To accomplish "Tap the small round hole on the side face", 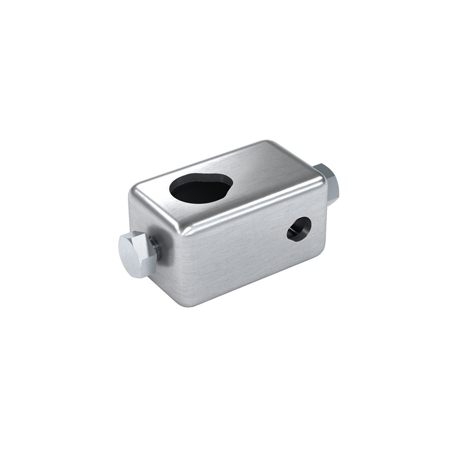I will pyautogui.click(x=299, y=228).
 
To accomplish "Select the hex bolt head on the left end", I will pyautogui.click(x=136, y=253).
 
